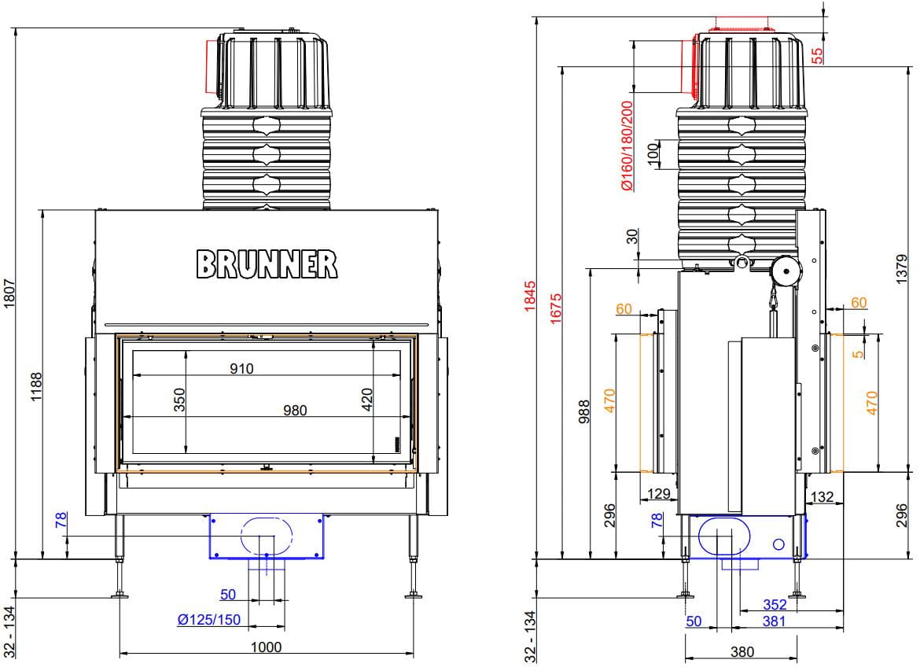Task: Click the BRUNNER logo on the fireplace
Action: click(267, 264)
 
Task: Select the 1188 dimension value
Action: click(36, 385)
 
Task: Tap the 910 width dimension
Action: click(241, 368)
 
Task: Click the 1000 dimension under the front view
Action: click(266, 647)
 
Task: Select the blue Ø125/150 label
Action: click(209, 621)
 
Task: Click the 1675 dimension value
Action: click(556, 307)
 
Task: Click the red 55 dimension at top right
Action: click(817, 55)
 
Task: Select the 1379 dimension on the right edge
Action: click(902, 268)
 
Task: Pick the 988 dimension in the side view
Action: click(583, 410)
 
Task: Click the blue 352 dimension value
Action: click(775, 605)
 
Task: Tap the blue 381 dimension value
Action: click(775, 621)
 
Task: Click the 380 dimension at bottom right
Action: click(742, 651)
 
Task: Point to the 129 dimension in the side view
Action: click(658, 494)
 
